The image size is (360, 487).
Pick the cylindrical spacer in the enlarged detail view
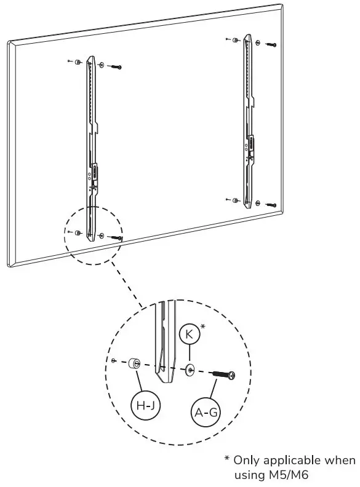pos(137,364)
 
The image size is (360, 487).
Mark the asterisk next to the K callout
pos(203,328)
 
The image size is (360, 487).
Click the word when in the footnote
pos(342,461)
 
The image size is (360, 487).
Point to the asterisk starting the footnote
pos(227,459)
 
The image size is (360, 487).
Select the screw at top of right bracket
pos(271,45)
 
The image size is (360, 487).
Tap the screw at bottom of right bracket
pos(271,204)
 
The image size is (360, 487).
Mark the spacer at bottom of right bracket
pos(236,200)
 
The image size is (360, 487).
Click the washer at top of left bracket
pos(102,65)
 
